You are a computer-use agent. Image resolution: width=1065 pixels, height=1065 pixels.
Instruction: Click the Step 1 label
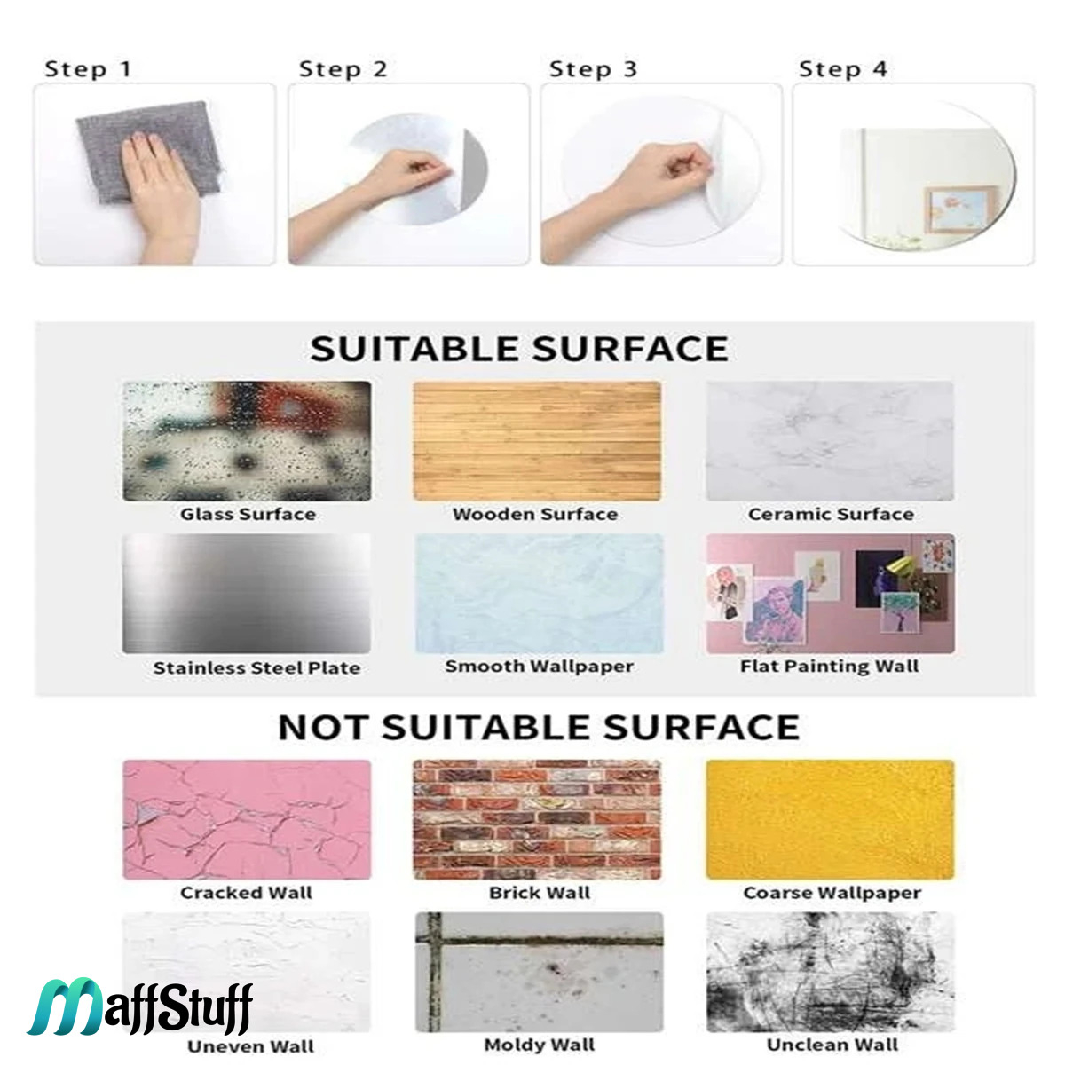click(x=88, y=69)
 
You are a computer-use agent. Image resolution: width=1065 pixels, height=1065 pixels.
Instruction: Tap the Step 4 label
click(x=843, y=69)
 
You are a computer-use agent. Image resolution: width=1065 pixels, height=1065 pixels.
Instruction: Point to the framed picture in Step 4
click(x=962, y=209)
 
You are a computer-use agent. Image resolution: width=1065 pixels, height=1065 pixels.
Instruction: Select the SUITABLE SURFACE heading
click(x=519, y=349)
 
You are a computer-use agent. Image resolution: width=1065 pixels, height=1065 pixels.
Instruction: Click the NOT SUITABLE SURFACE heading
click(x=539, y=728)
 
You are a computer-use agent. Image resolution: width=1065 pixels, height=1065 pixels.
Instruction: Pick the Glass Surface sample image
click(x=247, y=441)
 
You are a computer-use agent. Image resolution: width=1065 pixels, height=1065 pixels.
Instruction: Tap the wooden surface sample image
click(x=537, y=441)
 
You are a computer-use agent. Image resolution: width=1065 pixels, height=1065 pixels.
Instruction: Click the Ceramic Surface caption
click(x=831, y=515)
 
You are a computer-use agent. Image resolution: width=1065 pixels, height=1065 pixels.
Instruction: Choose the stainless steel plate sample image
click(x=247, y=593)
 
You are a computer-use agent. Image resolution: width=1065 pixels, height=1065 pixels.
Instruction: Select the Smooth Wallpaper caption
click(x=540, y=667)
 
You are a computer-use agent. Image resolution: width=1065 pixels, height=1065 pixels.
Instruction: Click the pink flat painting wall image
click(x=831, y=593)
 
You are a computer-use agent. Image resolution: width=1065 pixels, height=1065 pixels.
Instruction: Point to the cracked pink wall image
click(x=247, y=820)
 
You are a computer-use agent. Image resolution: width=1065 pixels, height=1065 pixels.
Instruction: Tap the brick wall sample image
click(x=537, y=820)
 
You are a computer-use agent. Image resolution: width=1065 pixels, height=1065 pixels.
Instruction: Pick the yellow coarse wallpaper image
click(x=831, y=820)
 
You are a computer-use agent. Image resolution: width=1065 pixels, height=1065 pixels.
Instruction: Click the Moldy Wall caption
click(x=540, y=1045)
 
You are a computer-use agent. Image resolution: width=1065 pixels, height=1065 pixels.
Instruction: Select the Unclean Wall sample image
click(x=831, y=973)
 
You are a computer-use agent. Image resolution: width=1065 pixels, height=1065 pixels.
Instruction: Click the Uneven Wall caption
click(x=251, y=1046)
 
